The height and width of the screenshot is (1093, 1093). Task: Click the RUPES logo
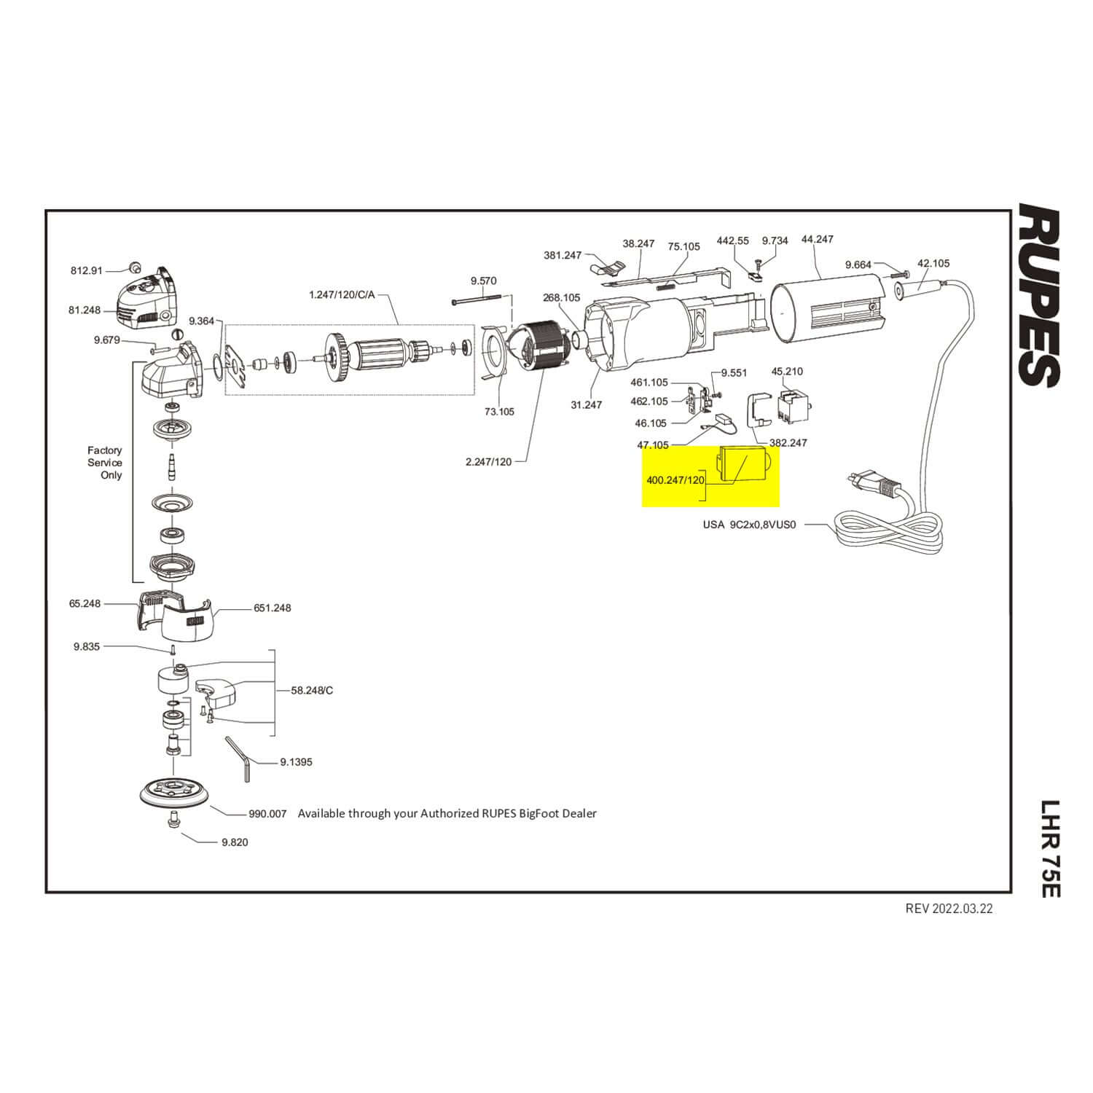pos(1038,295)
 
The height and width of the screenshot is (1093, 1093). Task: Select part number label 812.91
pos(87,270)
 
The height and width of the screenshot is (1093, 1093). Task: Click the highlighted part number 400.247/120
pos(675,480)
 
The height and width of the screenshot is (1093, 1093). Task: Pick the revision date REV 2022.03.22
pos(949,908)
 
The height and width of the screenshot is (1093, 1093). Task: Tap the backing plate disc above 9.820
pos(173,793)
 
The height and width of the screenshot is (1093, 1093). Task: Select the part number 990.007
pos(267,813)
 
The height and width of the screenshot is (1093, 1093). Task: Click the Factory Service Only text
pos(105,463)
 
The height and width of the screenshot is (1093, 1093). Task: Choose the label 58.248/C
pos(312,690)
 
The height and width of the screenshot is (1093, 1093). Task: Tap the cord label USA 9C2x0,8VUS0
pos(749,524)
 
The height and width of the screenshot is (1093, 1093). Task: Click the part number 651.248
pos(272,608)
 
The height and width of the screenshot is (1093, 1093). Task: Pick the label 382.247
pos(788,442)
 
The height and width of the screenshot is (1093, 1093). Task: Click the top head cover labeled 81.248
pos(146,299)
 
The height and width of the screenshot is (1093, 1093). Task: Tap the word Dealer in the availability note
pos(579,813)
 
